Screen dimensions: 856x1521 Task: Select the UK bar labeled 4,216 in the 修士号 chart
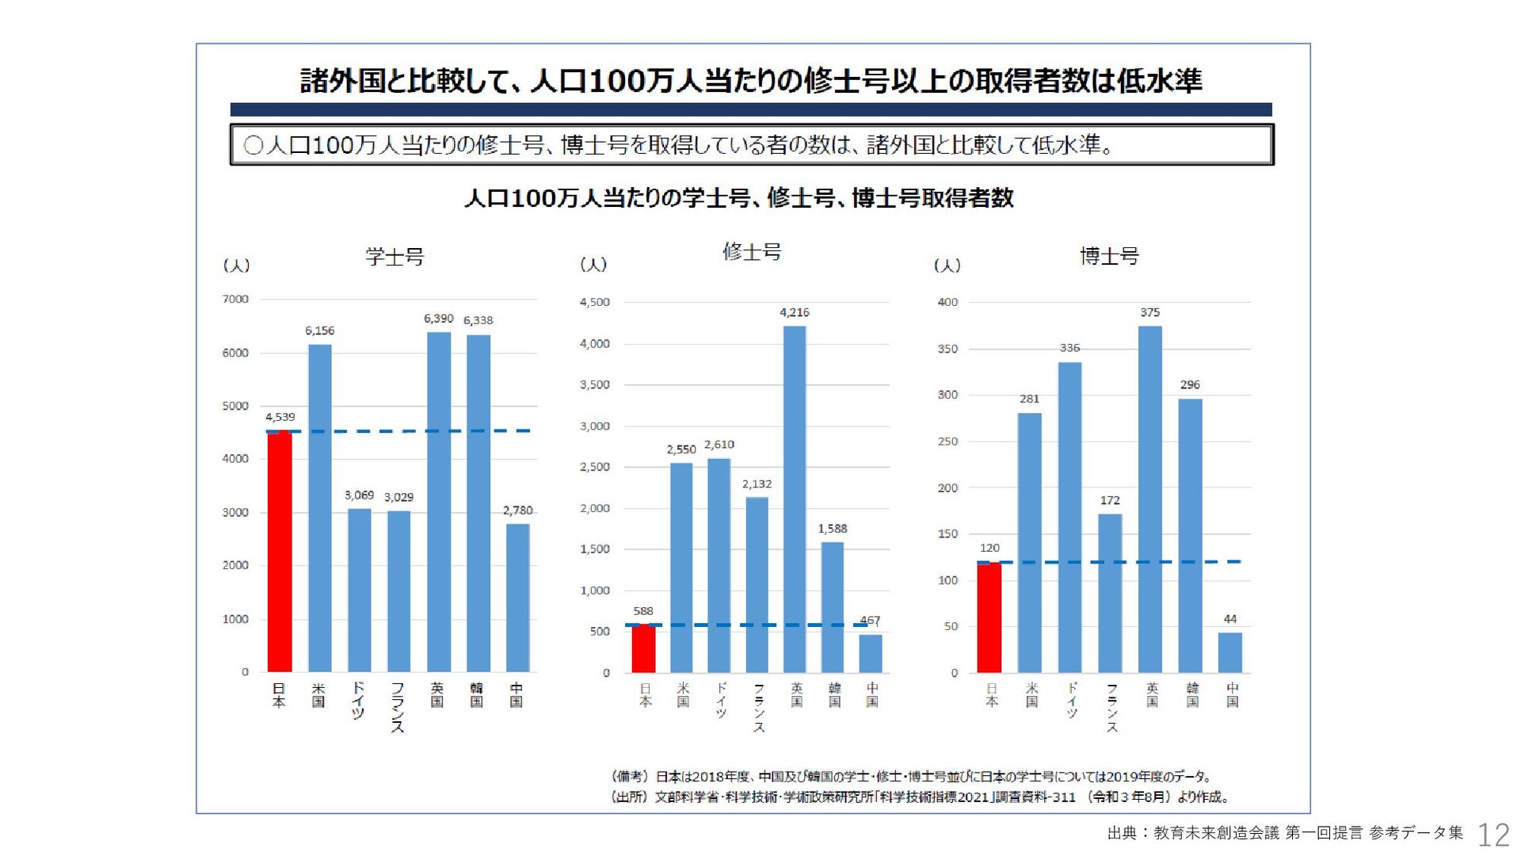pos(795,499)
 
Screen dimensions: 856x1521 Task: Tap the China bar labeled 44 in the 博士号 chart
pos(1229,652)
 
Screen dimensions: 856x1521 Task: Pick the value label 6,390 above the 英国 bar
pos(438,319)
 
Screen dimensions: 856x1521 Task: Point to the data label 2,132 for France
pos(757,484)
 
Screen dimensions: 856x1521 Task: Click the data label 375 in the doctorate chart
pos(1150,312)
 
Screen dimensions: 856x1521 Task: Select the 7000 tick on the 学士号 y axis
pos(235,300)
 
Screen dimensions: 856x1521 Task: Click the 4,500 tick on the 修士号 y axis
pos(595,302)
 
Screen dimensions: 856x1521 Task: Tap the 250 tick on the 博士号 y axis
pos(947,441)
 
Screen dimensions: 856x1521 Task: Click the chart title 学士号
pos(395,257)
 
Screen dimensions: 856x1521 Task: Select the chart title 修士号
pos(752,252)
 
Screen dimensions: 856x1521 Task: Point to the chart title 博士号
pos(1109,256)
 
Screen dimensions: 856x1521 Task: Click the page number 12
pos(1493,835)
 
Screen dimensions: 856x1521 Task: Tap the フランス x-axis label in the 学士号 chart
pos(398,707)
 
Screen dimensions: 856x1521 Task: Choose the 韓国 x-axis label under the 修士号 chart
pos(834,695)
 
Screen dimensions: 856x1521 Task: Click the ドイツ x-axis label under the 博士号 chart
pos(1072,700)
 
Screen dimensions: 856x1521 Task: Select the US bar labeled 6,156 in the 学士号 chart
pos(319,508)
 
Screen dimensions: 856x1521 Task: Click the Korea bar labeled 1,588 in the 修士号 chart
pos(833,607)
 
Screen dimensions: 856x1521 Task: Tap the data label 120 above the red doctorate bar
pos(989,548)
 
